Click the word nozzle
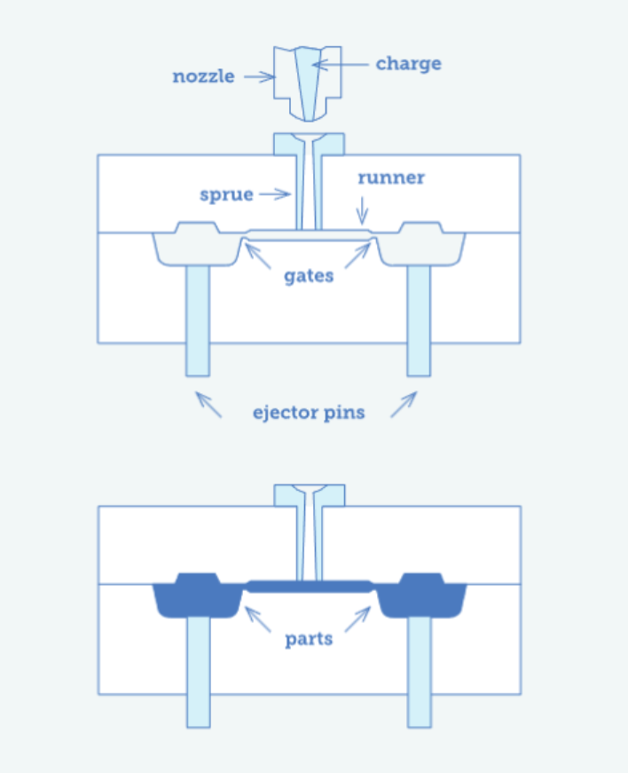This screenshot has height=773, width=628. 203,76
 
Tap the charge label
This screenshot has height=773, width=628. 408,64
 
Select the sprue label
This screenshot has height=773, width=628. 226,194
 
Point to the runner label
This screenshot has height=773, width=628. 391,177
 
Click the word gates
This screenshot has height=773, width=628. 309,275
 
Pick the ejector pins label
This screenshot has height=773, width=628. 308,412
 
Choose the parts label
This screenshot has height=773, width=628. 309,639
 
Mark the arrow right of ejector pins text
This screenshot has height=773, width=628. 404,404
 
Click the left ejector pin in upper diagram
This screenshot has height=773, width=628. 197,319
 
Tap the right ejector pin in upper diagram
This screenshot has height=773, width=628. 419,319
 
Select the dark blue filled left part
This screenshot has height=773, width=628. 197,596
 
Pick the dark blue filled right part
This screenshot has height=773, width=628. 420,596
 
